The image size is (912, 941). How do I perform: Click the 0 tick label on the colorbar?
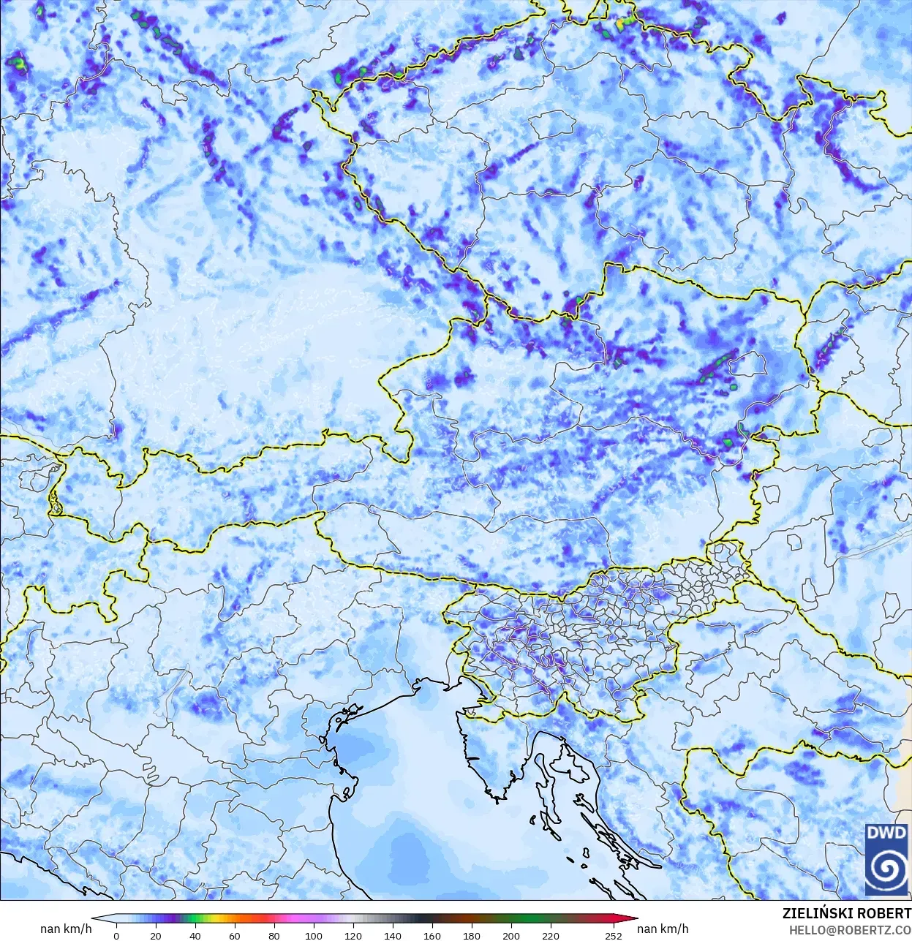pos(116,935)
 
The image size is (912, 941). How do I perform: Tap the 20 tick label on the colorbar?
pos(155,935)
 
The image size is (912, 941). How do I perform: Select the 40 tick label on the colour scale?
pos(195,935)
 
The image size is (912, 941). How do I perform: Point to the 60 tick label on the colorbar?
pos(234,935)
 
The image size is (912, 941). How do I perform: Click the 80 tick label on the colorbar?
pos(274,935)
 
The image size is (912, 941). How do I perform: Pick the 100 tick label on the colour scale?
pos(313,935)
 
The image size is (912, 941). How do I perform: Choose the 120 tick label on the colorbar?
pos(353,935)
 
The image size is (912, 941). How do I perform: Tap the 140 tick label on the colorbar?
pos(393,935)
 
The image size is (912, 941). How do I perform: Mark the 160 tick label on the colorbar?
pos(432,935)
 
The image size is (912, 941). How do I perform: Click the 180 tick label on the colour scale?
pos(472,935)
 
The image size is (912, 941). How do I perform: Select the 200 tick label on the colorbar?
pos(511,935)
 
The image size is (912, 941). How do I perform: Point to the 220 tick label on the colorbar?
pos(551,935)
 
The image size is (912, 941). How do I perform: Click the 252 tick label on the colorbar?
pos(614,935)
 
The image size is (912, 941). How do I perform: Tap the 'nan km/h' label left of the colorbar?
pos(66,929)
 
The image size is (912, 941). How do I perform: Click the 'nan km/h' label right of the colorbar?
pos(663,929)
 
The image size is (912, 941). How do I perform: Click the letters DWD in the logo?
pos(886,833)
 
